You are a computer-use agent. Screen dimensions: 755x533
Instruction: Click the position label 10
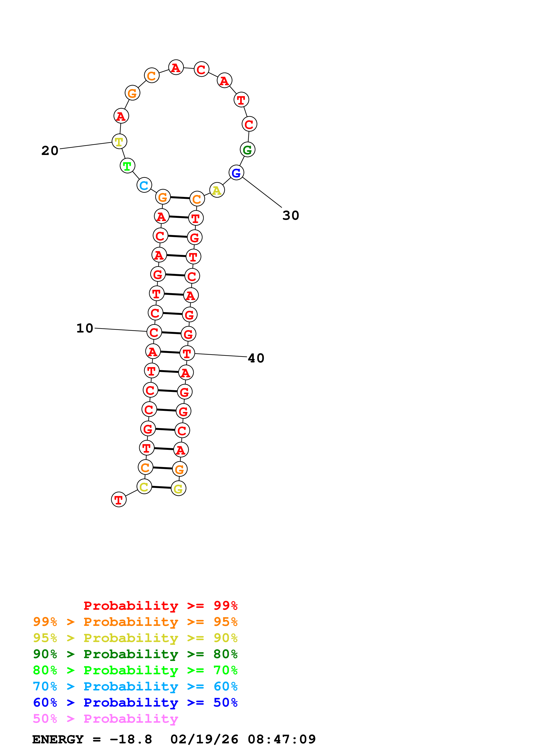[85, 328]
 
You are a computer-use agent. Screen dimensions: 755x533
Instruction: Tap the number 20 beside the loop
[50, 151]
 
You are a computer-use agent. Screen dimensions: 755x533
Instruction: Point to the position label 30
[291, 215]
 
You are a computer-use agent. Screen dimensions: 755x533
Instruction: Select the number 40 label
[256, 358]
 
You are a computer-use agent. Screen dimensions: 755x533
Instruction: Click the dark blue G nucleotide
[236, 173]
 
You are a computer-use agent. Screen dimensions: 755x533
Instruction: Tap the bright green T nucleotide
[127, 166]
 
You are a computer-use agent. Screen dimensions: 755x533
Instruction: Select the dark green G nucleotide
[247, 150]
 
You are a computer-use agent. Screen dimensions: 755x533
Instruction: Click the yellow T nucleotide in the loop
[119, 141]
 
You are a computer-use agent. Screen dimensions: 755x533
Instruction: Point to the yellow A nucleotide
[217, 190]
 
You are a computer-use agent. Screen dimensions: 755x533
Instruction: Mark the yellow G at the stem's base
[178, 489]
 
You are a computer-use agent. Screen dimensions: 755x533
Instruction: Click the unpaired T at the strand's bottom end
[118, 500]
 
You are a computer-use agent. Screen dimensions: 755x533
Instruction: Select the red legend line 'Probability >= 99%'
[160, 606]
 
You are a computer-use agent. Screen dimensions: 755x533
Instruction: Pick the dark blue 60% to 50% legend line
[135, 702]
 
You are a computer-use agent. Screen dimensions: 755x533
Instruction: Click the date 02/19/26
[204, 740]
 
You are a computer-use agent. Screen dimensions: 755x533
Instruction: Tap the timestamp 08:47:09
[281, 740]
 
